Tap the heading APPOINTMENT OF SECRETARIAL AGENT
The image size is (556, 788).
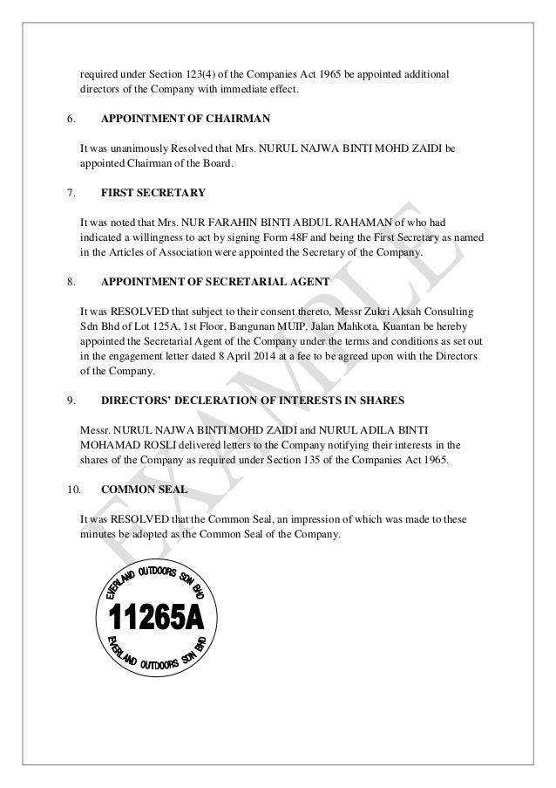(x=214, y=283)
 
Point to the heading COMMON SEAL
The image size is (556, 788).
(x=138, y=490)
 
